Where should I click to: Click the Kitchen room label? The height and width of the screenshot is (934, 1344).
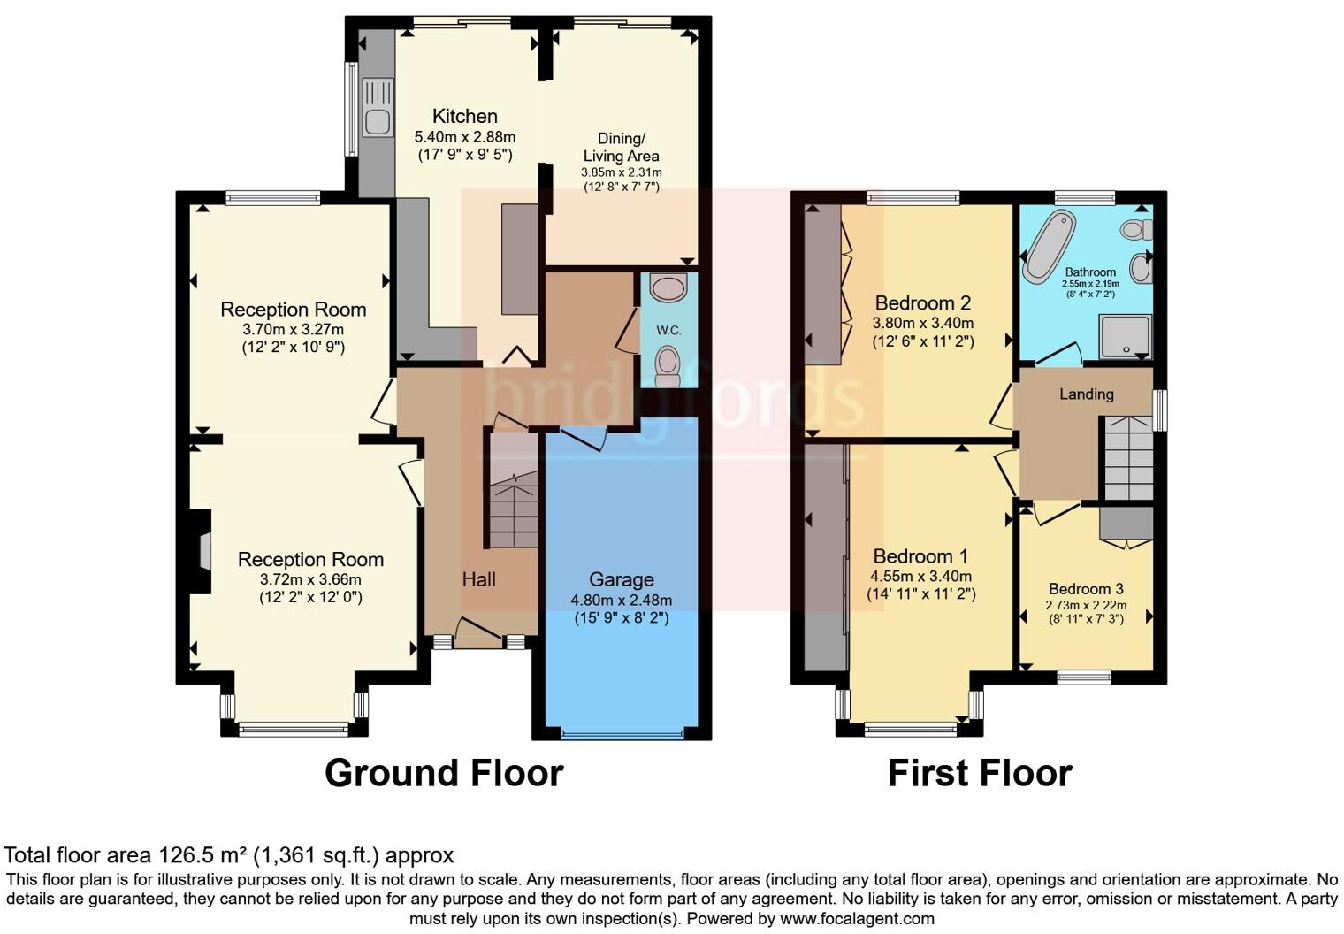pos(464,116)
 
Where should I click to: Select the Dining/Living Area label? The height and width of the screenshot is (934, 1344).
pos(621,147)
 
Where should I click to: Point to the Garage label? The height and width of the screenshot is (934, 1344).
pos(622,579)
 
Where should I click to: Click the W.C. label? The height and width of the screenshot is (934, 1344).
pos(668,330)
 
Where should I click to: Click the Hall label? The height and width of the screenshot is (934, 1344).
pos(478,579)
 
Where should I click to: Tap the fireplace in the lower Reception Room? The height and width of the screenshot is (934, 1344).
pos(202,551)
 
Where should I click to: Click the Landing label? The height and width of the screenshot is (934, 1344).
pos(1086,394)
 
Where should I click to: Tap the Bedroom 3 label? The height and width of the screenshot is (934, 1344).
pos(1086,589)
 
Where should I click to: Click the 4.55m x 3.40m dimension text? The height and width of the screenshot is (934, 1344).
pos(920,577)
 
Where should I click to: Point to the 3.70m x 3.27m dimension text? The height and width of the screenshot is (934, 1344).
pos(293,329)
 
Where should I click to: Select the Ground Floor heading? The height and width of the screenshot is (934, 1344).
pos(444,773)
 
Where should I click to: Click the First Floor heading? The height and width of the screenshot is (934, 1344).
pos(979,773)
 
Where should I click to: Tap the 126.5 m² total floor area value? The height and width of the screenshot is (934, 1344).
pos(202,855)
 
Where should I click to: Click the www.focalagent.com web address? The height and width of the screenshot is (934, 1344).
pos(857,918)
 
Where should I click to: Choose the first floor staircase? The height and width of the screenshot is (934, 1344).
pos(1127,458)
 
